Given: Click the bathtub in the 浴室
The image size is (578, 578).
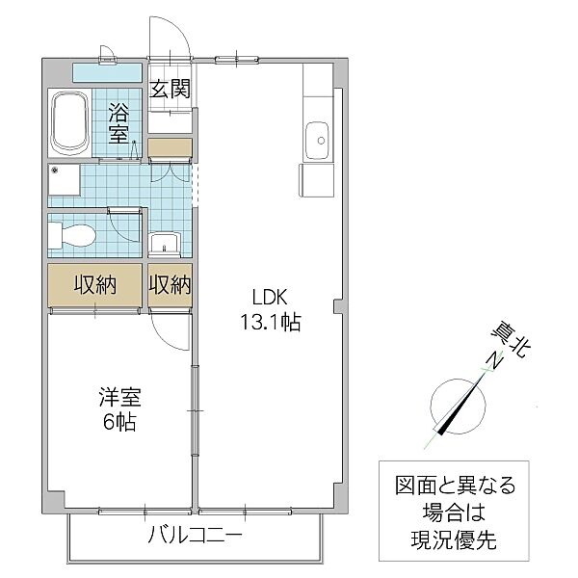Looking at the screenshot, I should [69, 122].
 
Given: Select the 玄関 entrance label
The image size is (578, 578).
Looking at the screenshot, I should [170, 90].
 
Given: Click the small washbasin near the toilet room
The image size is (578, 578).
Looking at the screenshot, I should [165, 242].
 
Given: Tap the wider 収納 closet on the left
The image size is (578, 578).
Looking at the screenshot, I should [95, 285].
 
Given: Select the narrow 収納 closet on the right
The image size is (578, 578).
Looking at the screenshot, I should [170, 285].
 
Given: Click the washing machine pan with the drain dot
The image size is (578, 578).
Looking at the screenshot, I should [66, 182].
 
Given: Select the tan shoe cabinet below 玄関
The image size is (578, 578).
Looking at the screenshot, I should [171, 147].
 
